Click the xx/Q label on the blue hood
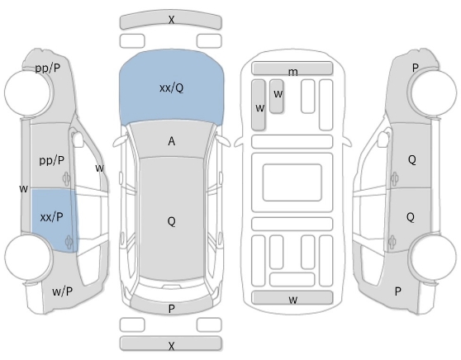(x=171, y=88)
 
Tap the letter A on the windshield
(x=172, y=141)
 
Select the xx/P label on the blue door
(x=51, y=217)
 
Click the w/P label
(x=62, y=291)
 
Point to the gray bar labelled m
(x=292, y=69)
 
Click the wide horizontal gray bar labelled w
(x=292, y=298)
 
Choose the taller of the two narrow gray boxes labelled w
(x=259, y=105)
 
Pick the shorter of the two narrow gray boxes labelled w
(x=277, y=96)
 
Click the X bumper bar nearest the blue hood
(x=170, y=21)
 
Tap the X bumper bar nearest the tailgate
(x=170, y=343)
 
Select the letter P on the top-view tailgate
(x=172, y=309)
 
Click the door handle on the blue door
(x=69, y=242)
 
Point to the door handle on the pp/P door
(x=67, y=178)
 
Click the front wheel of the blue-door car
(x=28, y=92)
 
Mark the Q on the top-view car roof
(x=171, y=221)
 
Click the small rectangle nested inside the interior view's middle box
(x=292, y=182)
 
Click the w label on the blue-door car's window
(x=100, y=168)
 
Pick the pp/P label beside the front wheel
(x=48, y=69)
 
